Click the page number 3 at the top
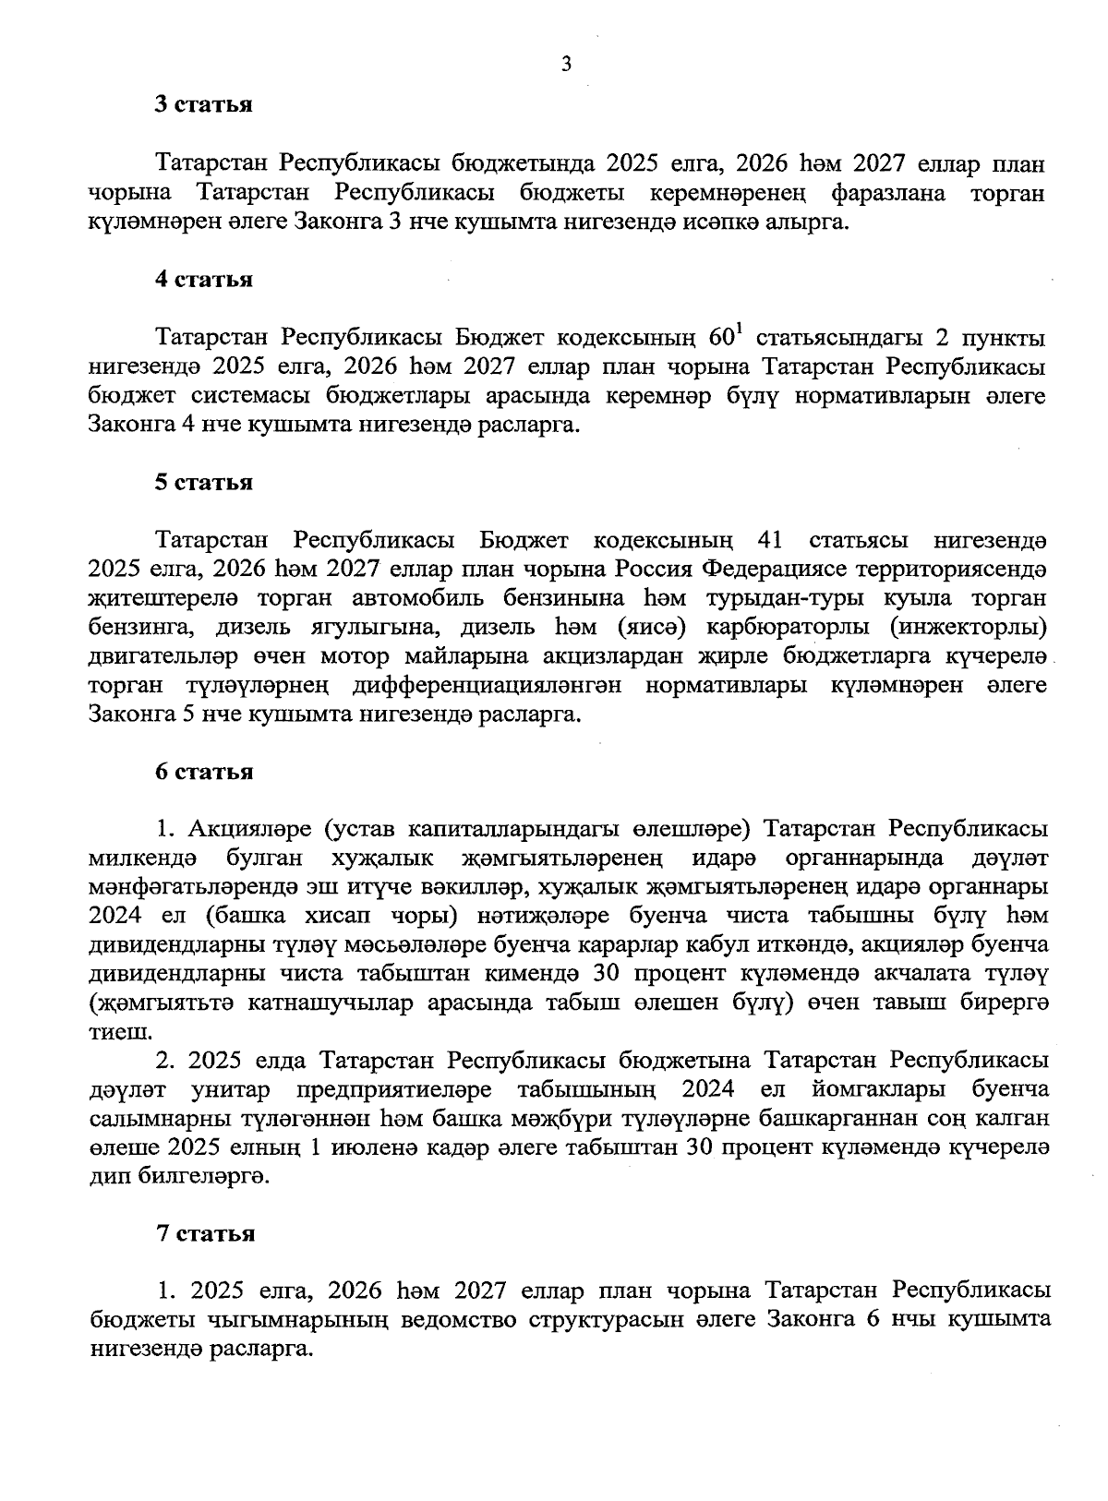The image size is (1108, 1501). click(567, 64)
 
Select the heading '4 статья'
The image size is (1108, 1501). click(204, 280)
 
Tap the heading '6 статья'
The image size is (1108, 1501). click(204, 772)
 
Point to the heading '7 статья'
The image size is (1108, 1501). click(204, 1233)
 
